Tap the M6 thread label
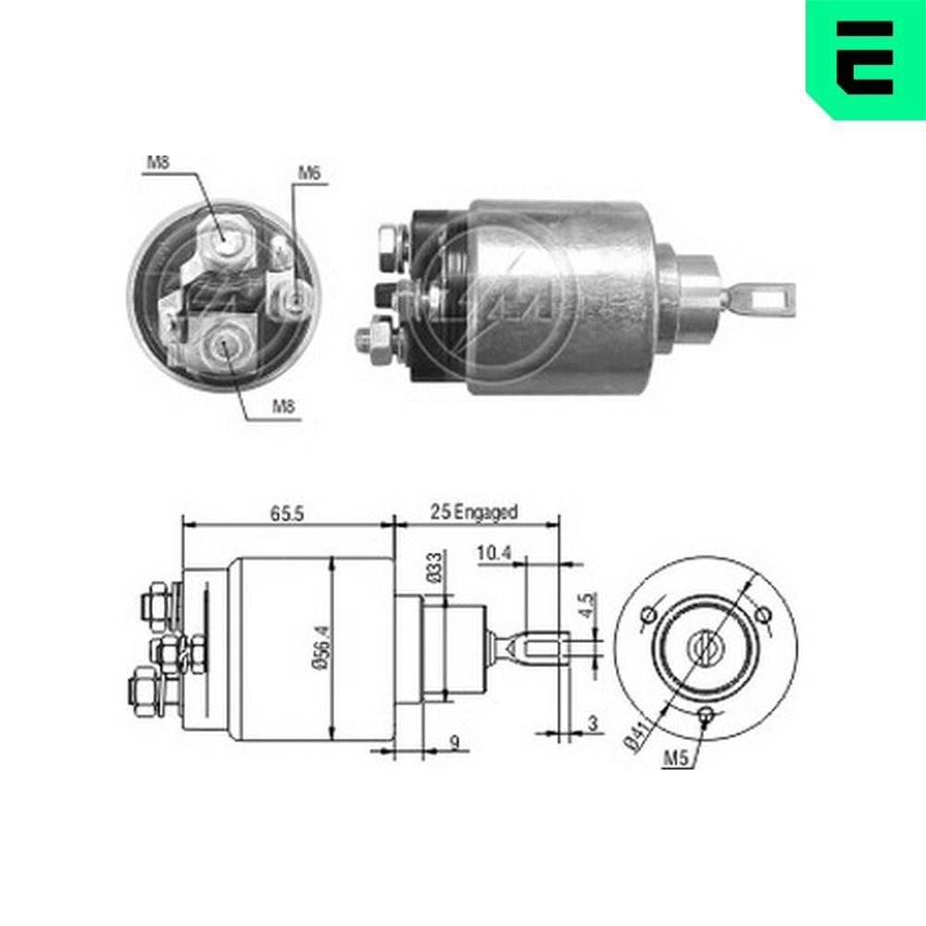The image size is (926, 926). (x=309, y=173)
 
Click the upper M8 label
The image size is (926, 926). (x=157, y=163)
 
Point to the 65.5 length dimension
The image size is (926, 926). (x=287, y=511)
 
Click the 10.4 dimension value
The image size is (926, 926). (x=494, y=554)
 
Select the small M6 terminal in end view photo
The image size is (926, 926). (x=296, y=299)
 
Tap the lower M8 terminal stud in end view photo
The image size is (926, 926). (x=223, y=348)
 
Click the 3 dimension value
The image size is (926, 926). (x=592, y=724)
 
